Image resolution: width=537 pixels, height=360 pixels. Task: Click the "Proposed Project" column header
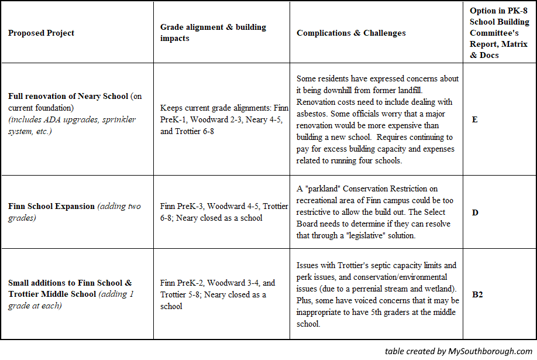tap(41, 33)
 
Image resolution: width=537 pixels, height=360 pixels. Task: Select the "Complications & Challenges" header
tap(351, 33)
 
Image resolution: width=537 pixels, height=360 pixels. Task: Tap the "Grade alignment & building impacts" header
tap(213, 33)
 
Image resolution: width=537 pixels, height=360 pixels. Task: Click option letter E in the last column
tap(474, 119)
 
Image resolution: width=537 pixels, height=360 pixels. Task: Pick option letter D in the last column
tap(475, 212)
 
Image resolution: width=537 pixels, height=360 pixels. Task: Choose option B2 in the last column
tap(477, 294)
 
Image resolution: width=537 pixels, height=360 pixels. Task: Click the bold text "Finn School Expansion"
tap(51, 206)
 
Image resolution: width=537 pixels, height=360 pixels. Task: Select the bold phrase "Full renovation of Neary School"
tap(68, 96)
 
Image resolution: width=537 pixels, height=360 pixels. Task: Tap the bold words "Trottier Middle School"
tap(53, 294)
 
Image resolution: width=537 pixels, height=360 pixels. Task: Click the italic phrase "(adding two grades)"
tap(75, 212)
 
